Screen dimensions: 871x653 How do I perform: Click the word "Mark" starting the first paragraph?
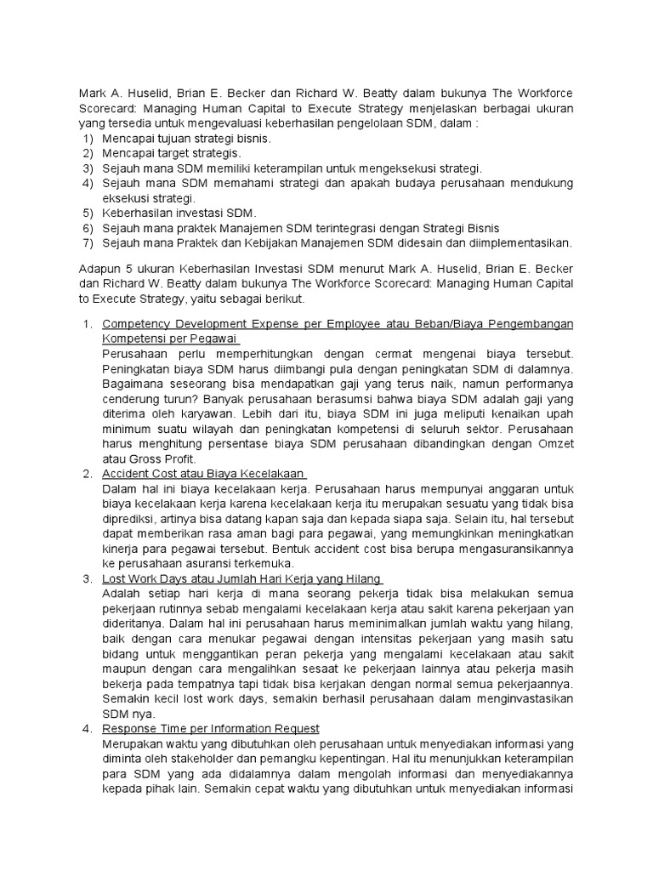tap(92, 94)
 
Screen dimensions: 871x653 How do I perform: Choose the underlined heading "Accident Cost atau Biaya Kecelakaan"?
tap(203, 473)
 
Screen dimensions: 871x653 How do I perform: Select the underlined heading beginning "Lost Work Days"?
tap(241, 578)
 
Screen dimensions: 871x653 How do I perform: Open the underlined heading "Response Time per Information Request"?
tap(210, 728)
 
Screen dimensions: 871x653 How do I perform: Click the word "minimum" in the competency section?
tap(128, 413)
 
